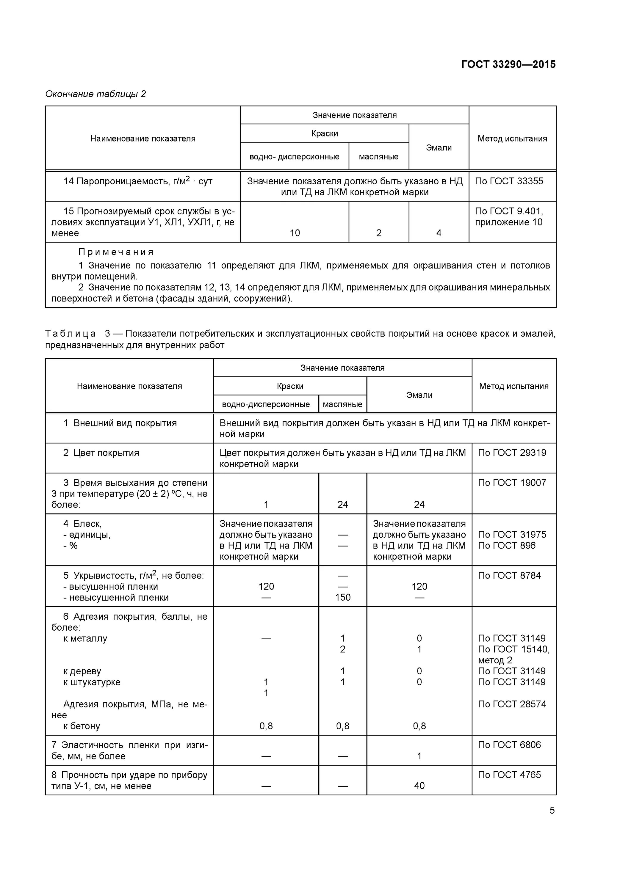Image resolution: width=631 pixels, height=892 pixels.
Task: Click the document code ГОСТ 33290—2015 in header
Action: point(508,64)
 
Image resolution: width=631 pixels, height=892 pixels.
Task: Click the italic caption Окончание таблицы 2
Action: point(95,94)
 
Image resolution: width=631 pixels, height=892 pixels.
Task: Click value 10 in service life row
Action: point(295,233)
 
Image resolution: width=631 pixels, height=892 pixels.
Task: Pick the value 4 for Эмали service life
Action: point(439,233)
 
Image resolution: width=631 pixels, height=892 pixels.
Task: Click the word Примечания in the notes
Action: point(116,252)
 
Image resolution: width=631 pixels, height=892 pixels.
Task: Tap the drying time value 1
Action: point(266,504)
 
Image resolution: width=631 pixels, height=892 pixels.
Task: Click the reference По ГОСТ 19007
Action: point(512,483)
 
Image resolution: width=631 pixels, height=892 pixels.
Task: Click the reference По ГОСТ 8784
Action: point(509,575)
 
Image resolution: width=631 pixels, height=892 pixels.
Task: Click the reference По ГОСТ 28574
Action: point(512,704)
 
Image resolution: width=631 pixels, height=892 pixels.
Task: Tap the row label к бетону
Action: point(82,726)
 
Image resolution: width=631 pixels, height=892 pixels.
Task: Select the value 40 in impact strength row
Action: point(419,786)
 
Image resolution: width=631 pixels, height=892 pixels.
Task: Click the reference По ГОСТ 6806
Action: point(509,745)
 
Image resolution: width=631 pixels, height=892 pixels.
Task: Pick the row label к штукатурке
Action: point(92,682)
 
